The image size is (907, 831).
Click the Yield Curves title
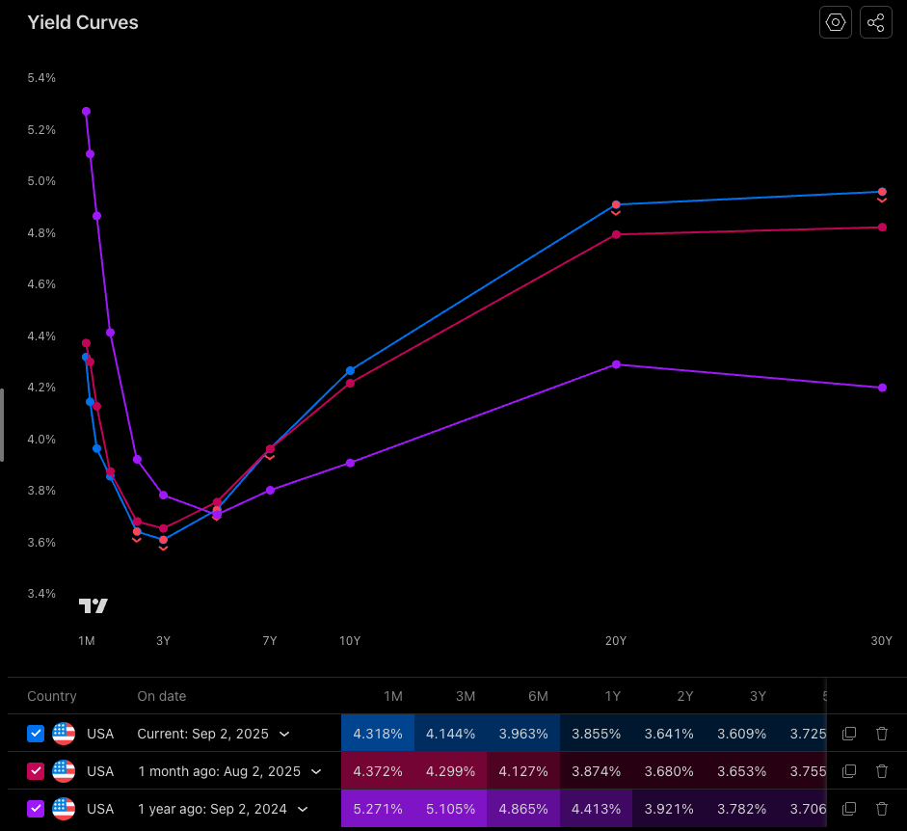click(83, 22)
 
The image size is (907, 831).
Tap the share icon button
click(875, 22)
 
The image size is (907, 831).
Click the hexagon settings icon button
click(836, 22)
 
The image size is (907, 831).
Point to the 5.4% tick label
click(41, 77)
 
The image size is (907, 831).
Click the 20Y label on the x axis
click(616, 641)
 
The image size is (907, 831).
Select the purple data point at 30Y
click(882, 388)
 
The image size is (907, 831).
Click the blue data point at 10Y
click(350, 370)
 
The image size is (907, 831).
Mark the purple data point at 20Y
click(616, 364)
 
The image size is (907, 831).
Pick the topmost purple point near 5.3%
click(86, 111)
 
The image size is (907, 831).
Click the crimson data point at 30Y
click(882, 228)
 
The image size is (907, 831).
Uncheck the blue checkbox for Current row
click(36, 734)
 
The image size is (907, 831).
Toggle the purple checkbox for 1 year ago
click(36, 809)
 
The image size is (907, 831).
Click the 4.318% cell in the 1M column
click(378, 734)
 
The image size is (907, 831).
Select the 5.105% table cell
click(450, 809)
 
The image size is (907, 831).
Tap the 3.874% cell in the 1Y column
click(596, 771)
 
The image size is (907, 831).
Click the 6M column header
click(537, 696)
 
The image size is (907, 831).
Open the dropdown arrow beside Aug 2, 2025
click(316, 771)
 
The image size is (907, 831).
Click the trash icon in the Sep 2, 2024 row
click(881, 809)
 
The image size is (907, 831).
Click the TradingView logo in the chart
click(93, 605)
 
